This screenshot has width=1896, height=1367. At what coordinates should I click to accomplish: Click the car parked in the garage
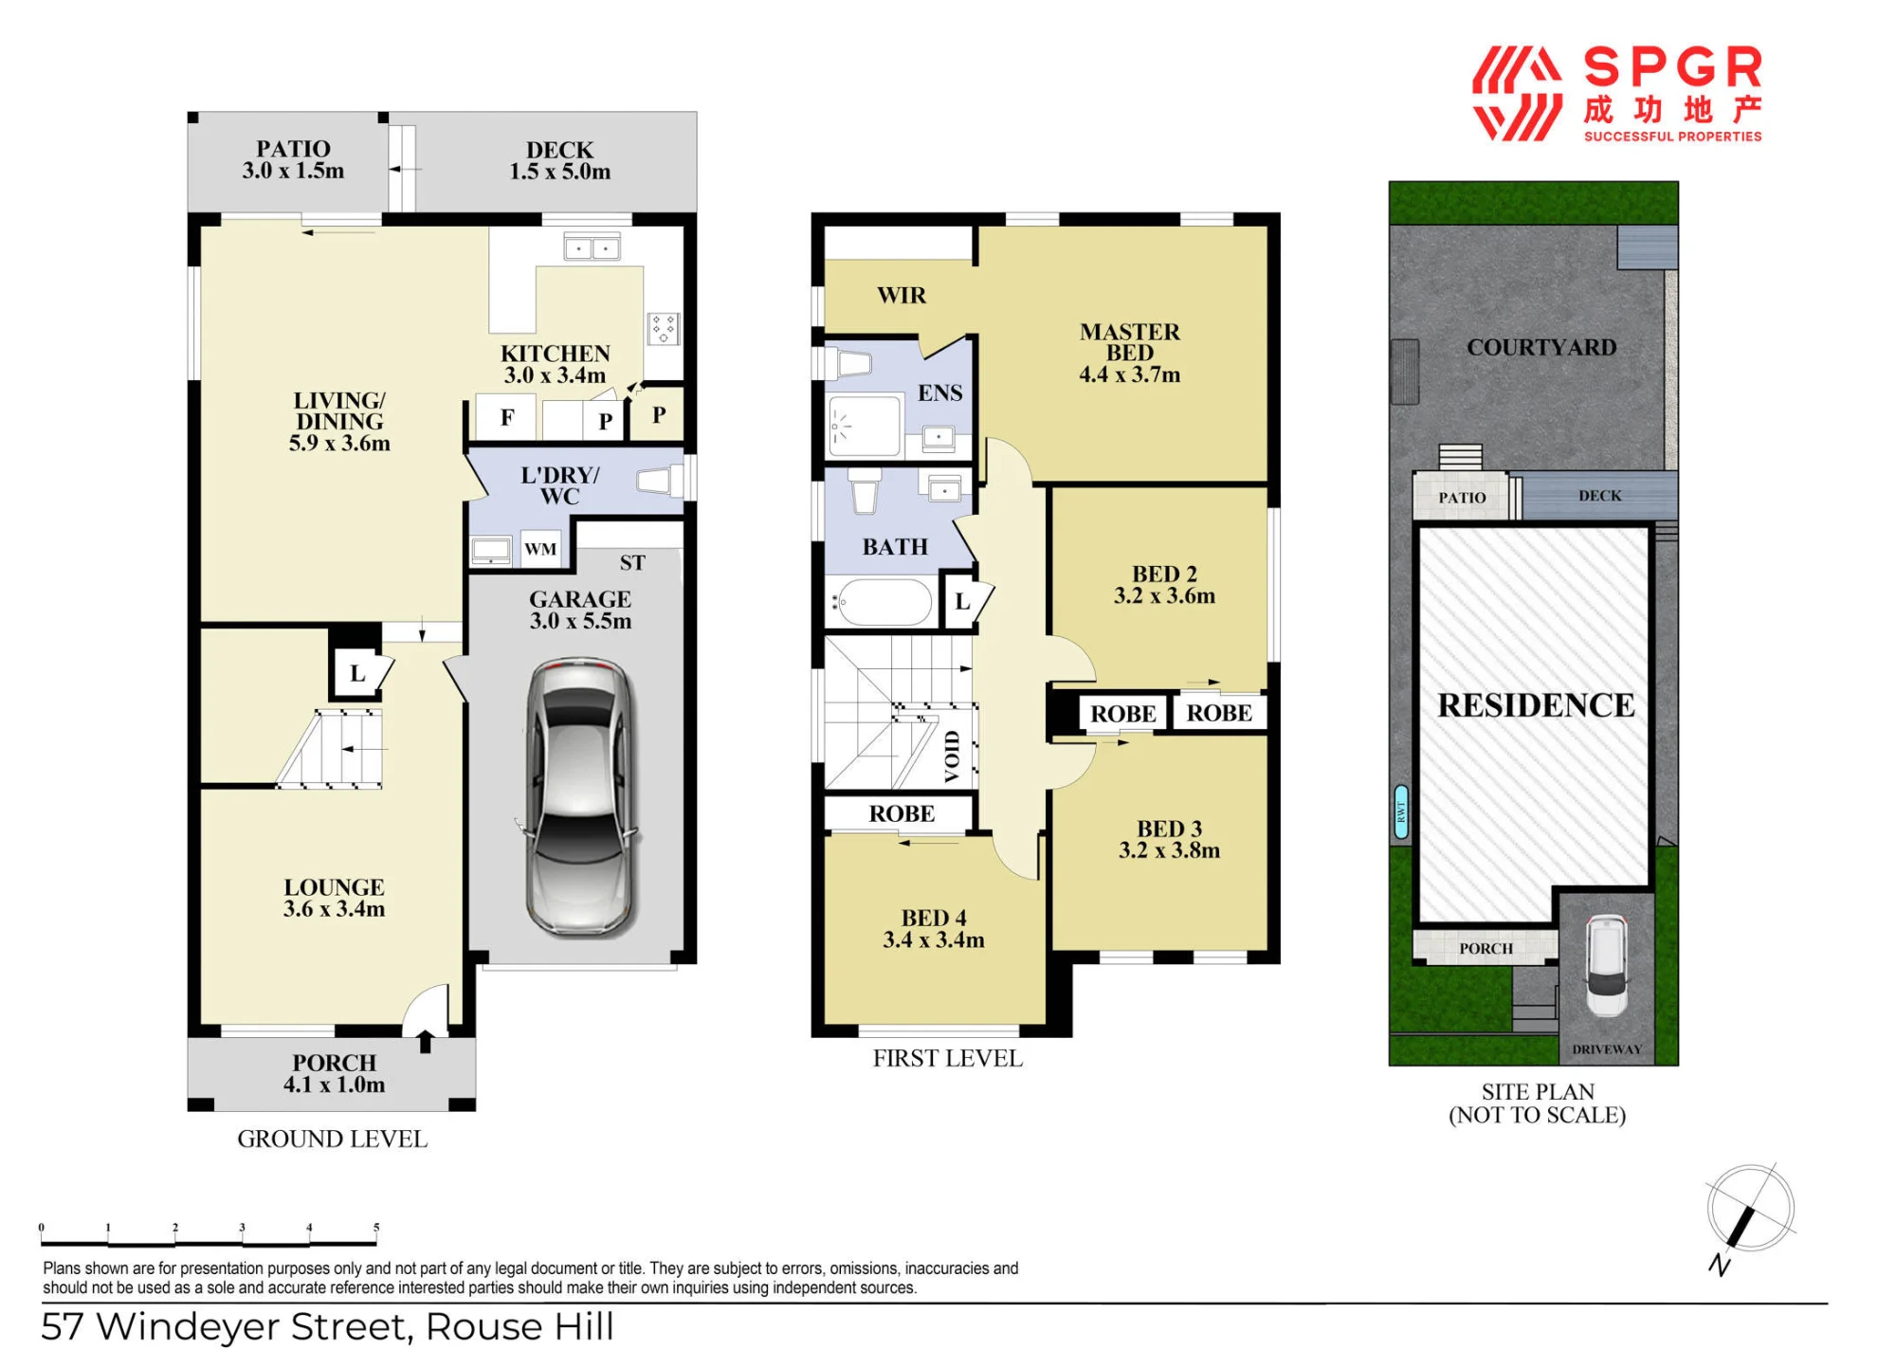click(x=579, y=797)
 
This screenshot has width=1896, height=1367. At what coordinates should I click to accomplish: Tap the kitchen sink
click(x=592, y=248)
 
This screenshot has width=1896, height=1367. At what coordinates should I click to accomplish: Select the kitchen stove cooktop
click(x=664, y=328)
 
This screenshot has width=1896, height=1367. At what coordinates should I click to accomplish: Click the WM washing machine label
click(x=540, y=549)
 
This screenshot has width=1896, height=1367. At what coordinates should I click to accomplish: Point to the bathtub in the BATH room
click(x=882, y=602)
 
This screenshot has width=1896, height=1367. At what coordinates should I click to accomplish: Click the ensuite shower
click(x=864, y=425)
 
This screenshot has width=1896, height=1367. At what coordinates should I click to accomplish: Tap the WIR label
click(x=902, y=295)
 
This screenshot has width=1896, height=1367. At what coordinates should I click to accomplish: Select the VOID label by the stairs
click(x=952, y=756)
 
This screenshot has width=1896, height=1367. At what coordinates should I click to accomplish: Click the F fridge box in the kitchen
click(x=507, y=417)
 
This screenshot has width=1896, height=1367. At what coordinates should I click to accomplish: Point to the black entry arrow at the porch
click(x=426, y=1041)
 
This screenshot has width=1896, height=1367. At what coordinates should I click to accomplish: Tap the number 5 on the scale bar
click(x=376, y=1227)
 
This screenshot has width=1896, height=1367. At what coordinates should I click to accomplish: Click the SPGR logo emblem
click(x=1517, y=94)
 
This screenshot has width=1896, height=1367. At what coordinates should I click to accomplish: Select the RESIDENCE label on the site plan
click(x=1536, y=705)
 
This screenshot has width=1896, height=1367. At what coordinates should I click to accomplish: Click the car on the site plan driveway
click(x=1607, y=965)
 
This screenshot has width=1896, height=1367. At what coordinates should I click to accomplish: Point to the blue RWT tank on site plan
click(x=1401, y=811)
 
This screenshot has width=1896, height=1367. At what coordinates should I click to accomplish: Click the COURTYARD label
click(x=1541, y=347)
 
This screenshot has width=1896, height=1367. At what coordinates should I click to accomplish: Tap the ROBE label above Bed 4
click(x=902, y=813)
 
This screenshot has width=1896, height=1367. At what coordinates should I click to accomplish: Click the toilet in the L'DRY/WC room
click(x=660, y=481)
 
